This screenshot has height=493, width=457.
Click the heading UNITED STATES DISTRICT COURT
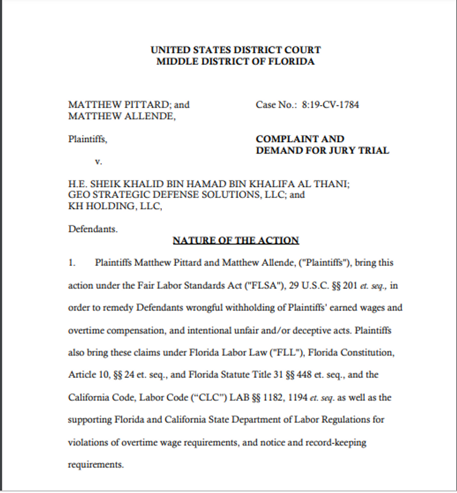pyautogui.click(x=235, y=50)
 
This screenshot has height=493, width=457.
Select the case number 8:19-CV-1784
pyautogui.click(x=330, y=105)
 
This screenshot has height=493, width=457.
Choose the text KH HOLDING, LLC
pyautogui.click(x=115, y=206)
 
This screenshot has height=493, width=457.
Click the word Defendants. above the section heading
pyautogui.click(x=93, y=229)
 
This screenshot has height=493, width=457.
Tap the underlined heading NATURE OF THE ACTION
pyautogui.click(x=236, y=240)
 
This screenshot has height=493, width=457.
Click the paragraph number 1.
pyautogui.click(x=71, y=262)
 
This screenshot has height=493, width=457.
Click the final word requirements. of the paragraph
pyautogui.click(x=96, y=465)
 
